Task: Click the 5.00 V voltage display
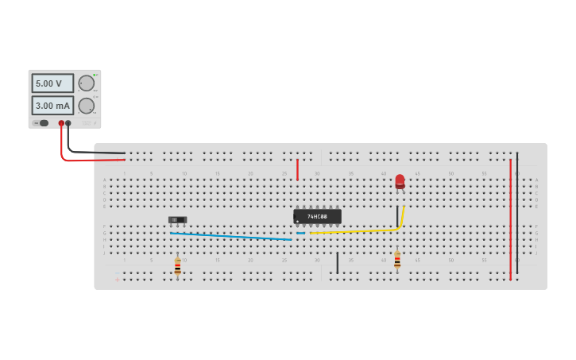52,83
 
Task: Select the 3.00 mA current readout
52,105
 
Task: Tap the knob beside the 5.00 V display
87,83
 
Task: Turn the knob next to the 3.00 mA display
87,106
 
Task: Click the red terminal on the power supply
61,123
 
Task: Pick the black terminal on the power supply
68,123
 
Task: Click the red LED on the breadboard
400,182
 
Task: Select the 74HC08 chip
317,216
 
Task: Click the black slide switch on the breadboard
178,219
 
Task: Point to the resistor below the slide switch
177,267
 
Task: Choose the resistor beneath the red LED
397,260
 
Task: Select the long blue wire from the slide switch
230,236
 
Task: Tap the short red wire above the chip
298,169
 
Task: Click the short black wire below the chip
337,262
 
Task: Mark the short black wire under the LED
397,216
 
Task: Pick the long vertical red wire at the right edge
510,219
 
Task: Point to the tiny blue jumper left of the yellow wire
300,233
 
